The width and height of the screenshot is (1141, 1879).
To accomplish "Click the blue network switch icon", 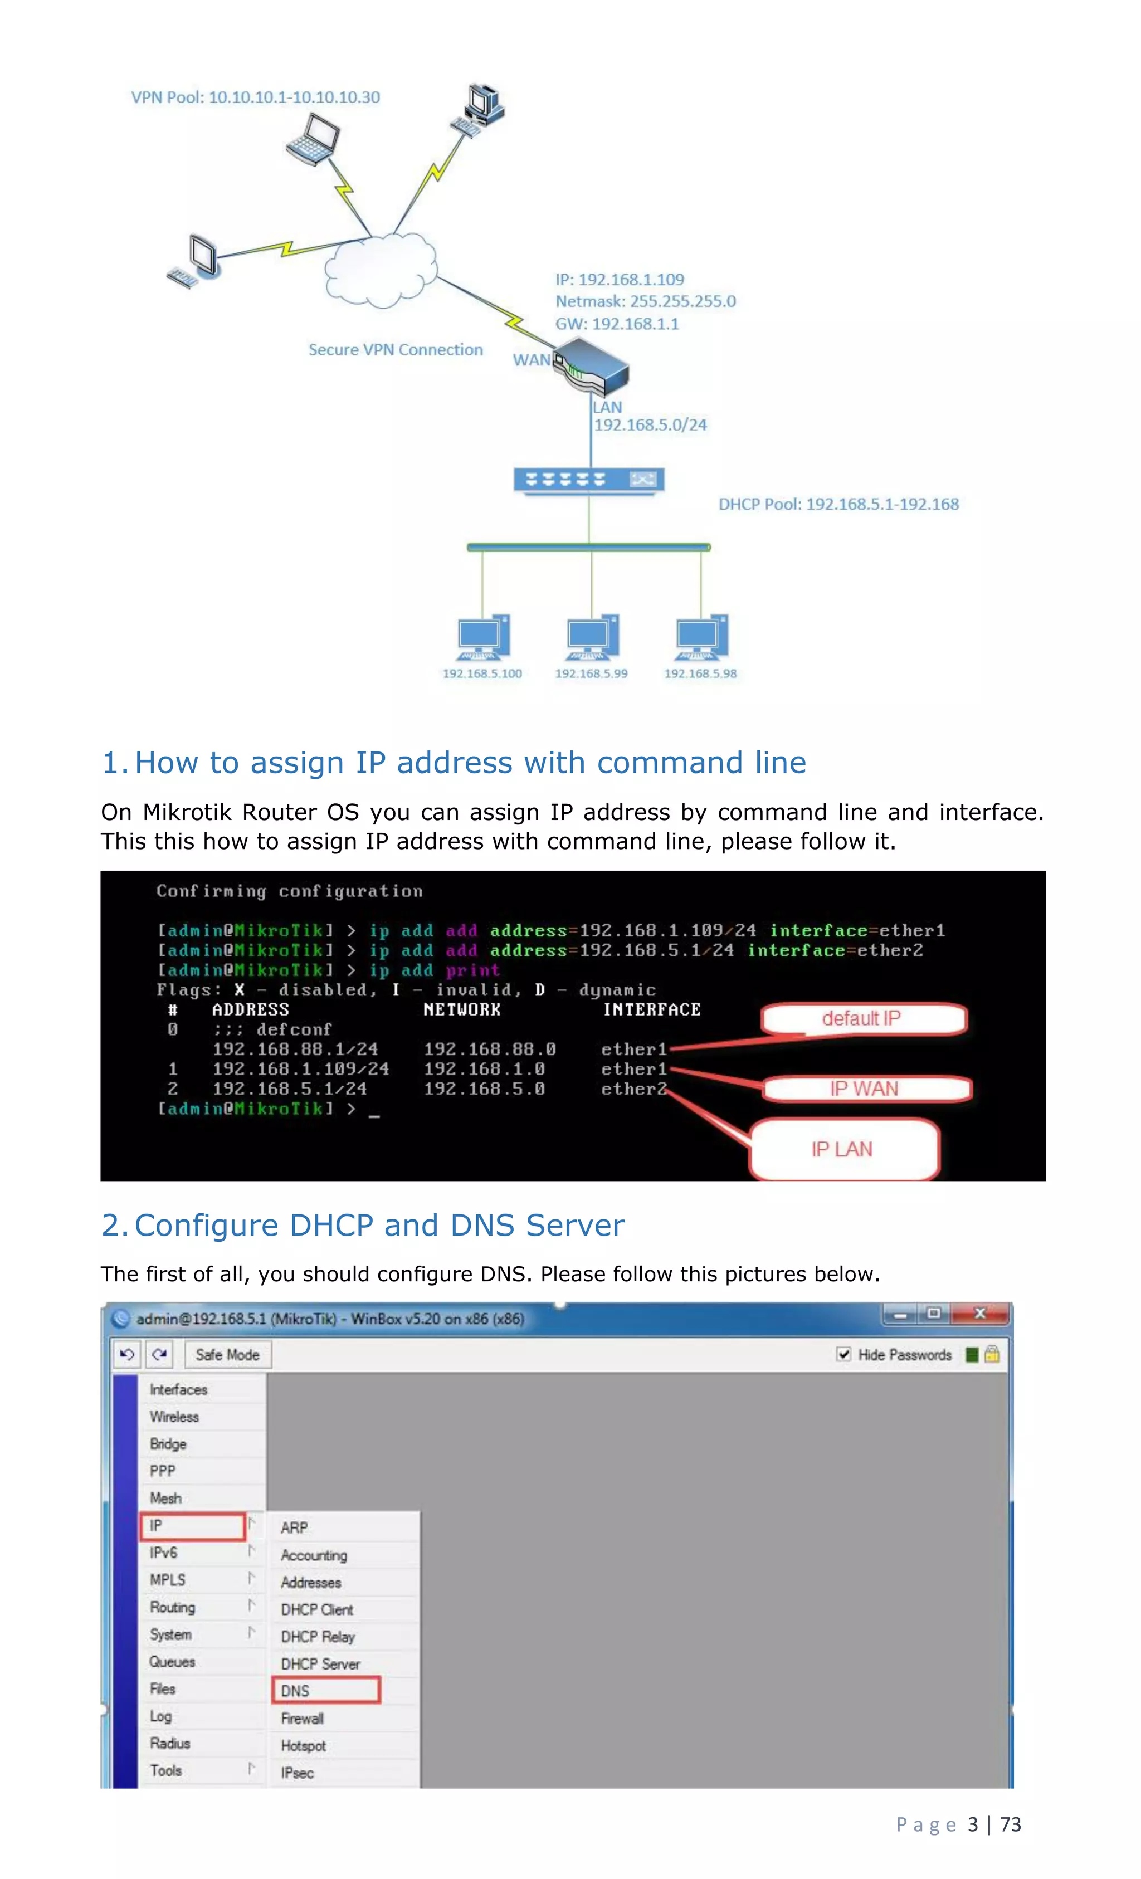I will point(588,480).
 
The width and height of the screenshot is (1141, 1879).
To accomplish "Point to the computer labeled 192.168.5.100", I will point(483,638).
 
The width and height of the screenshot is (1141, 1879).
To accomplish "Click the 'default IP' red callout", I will point(862,1019).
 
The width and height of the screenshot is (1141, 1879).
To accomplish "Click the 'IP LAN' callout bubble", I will point(842,1149).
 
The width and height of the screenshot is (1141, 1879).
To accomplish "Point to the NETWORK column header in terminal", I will point(461,1009).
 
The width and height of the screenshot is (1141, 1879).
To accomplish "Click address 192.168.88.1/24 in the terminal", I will point(294,1050).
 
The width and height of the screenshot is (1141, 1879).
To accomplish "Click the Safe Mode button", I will point(227,1355).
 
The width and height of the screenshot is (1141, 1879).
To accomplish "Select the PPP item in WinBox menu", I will point(163,1471).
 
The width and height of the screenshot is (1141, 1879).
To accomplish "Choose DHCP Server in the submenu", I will point(320,1664).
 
